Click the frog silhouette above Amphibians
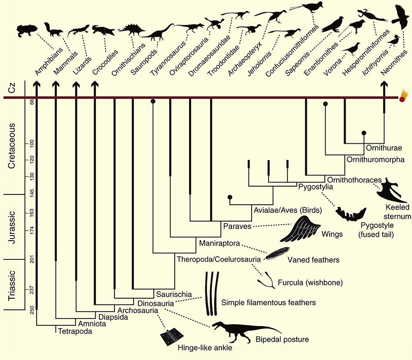pos(27,30)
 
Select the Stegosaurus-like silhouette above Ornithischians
pos(131,30)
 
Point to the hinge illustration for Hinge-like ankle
pos(172,337)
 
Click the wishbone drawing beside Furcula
pos(266,281)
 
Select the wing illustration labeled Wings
pos(300,229)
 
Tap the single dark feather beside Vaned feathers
pos(277,253)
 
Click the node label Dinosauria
pos(156,304)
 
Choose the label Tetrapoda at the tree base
pos(75,331)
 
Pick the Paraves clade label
pos(237,226)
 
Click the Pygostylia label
pos(316,187)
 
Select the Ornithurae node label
pos(384,148)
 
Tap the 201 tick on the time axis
pos(32,259)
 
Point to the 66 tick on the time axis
pos(32,102)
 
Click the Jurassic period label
pos(12,227)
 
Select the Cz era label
pos(12,87)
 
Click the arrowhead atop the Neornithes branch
pos(384,84)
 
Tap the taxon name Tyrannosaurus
pos(168,58)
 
